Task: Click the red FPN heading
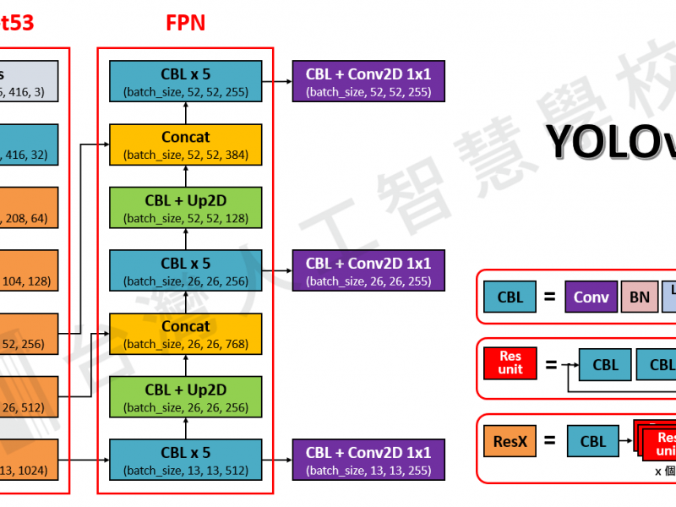(185, 23)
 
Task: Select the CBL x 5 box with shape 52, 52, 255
(185, 81)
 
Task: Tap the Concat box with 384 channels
(185, 144)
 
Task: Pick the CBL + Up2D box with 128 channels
(185, 208)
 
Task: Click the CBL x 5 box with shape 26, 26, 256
(185, 270)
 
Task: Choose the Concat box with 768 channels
(185, 334)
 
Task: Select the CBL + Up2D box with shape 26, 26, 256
(185, 397)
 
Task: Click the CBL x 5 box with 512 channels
(185, 460)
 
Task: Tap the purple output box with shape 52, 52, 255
(368, 81)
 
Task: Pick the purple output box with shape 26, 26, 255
(368, 270)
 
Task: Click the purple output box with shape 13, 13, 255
(368, 460)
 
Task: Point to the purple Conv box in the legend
(591, 297)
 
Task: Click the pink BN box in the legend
(639, 297)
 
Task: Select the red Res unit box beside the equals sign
(510, 364)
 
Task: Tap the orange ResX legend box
(510, 440)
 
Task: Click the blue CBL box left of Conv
(510, 297)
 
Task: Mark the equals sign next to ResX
(549, 440)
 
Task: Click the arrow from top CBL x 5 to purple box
(276, 81)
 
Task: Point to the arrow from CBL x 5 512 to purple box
(276, 460)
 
